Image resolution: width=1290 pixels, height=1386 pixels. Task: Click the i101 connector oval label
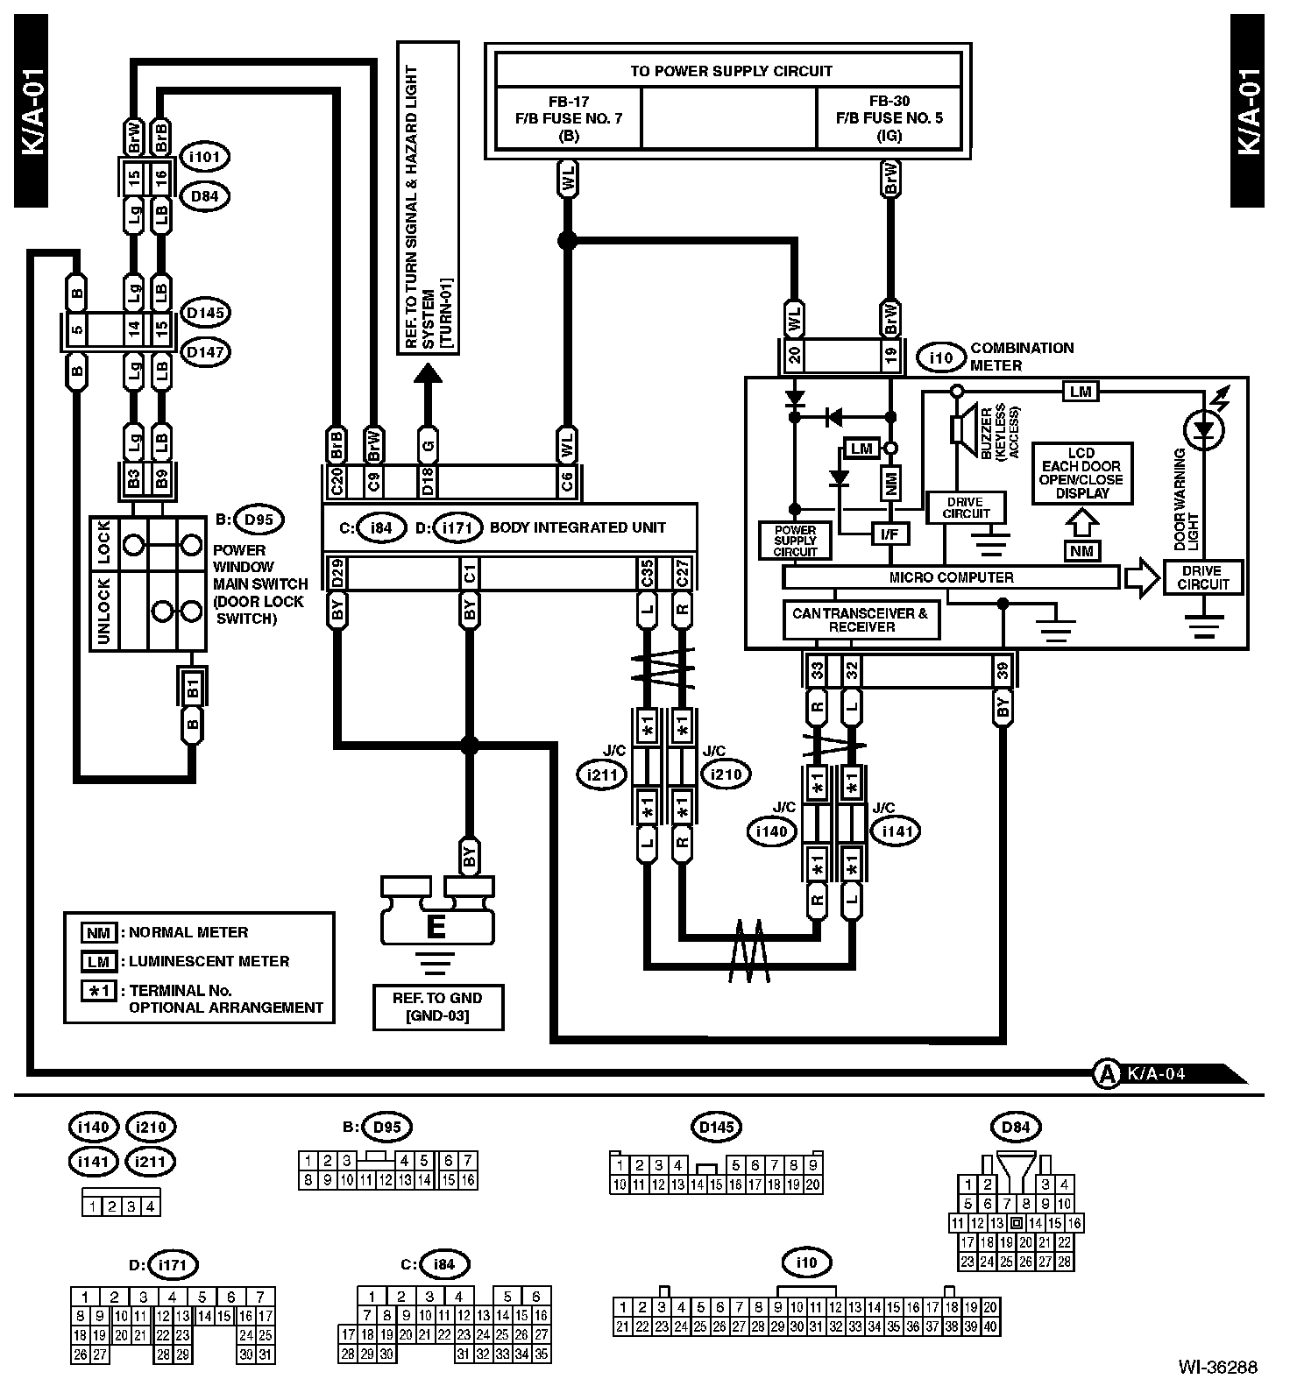[x=204, y=157]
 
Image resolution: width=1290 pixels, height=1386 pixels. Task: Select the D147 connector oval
[x=204, y=352]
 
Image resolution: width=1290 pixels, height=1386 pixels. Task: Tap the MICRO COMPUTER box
[x=951, y=577]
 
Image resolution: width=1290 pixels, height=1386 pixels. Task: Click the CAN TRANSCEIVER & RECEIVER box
[x=860, y=620]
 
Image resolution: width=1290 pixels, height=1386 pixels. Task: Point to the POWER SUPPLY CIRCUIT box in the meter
[x=795, y=541]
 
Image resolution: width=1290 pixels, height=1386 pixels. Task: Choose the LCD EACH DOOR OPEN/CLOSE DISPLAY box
[x=1081, y=473]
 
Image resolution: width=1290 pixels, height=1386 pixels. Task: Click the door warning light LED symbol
[x=1205, y=429]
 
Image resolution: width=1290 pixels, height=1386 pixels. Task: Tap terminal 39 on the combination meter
[x=1003, y=672]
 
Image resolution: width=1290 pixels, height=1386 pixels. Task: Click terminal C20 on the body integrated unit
[x=337, y=481]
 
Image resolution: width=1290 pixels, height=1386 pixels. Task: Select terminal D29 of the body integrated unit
[x=337, y=574]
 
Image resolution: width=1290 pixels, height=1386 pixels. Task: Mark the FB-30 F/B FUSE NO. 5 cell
[x=889, y=117]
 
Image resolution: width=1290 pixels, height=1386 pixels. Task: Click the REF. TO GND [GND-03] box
[x=437, y=1007]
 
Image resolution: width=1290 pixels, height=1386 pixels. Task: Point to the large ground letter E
[x=436, y=927]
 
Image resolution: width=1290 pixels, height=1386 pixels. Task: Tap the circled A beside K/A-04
[x=1108, y=1072]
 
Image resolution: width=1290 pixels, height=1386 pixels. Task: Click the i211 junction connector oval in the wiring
[x=602, y=774]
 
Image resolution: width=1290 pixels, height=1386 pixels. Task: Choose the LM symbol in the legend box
[x=98, y=962]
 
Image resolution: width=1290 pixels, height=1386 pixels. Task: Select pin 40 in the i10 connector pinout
[x=990, y=1326]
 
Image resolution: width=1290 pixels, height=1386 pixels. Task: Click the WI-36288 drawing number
[x=1217, y=1367]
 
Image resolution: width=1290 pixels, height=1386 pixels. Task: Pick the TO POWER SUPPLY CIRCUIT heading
[x=730, y=71]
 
